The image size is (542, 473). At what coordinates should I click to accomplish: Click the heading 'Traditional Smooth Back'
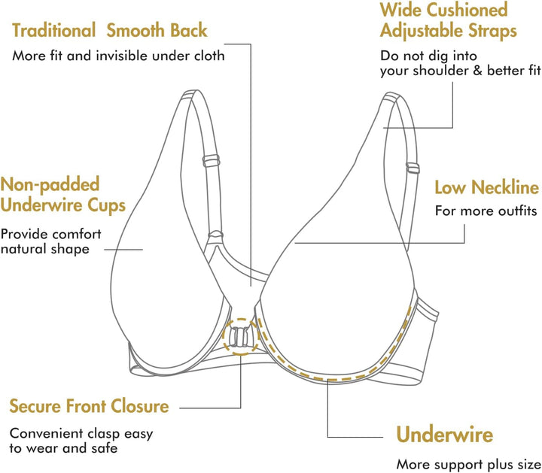pyautogui.click(x=110, y=30)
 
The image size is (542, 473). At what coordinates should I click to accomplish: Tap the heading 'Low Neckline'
pyautogui.click(x=487, y=188)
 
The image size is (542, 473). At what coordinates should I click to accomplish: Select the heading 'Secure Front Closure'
pyautogui.click(x=89, y=406)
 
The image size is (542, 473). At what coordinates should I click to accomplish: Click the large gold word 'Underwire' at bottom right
pyautogui.click(x=445, y=434)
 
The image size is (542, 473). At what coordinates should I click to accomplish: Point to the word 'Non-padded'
pyautogui.click(x=50, y=184)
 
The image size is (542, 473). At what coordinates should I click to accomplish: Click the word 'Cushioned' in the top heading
pyautogui.click(x=467, y=9)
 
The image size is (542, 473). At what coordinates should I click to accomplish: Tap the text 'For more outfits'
pyautogui.click(x=486, y=211)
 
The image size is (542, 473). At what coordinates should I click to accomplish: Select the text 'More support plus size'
pyautogui.click(x=469, y=465)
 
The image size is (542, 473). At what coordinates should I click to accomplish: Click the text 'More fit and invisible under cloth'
pyautogui.click(x=118, y=56)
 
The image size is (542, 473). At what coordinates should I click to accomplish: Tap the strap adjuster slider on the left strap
pyautogui.click(x=212, y=161)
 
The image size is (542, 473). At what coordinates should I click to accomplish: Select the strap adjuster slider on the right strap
pyautogui.click(x=413, y=168)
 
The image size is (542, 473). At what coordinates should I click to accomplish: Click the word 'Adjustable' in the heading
pyautogui.click(x=422, y=31)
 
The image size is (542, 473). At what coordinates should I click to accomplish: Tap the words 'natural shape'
pyautogui.click(x=45, y=249)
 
